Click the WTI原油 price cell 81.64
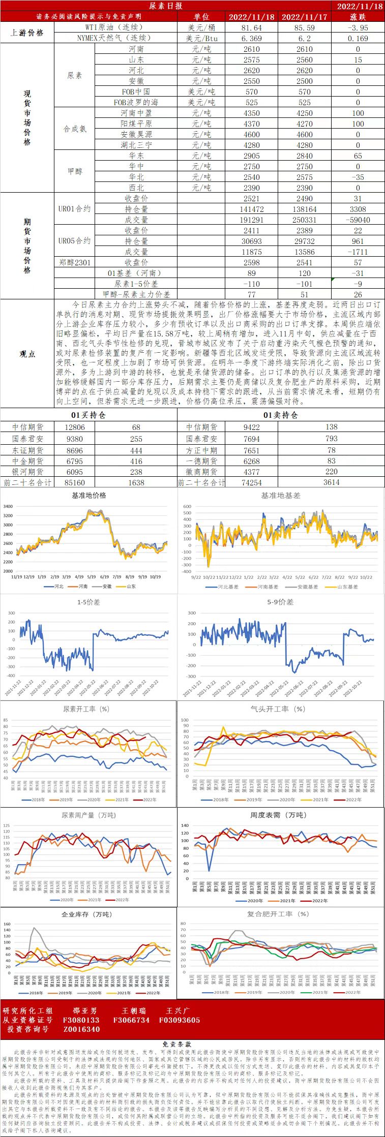click(x=252, y=28)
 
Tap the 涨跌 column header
click(x=358, y=17)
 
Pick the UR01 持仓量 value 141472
click(x=252, y=209)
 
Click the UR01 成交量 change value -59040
click(x=358, y=220)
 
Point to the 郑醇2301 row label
click(x=74, y=262)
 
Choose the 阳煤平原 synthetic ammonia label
click(x=136, y=124)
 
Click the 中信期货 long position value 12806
click(x=75, y=427)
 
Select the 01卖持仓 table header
click(x=281, y=415)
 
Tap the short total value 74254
click(x=252, y=482)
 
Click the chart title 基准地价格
click(x=88, y=496)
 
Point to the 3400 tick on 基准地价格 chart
click(x=8, y=506)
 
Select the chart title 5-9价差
click(x=280, y=602)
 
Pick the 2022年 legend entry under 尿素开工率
click(x=146, y=800)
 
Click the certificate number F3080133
click(x=81, y=1020)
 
